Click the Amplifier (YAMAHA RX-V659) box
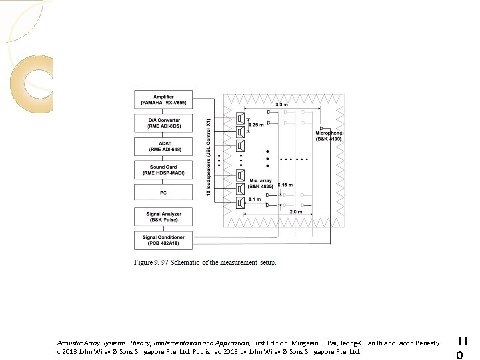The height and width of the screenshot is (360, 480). point(163,99)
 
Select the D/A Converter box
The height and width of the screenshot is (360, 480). point(163,123)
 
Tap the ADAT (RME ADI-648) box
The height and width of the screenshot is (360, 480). point(163,146)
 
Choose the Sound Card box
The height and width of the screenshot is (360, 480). point(163,169)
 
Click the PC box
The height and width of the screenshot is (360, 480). point(163,192)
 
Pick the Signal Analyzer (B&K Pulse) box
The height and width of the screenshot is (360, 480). point(163,216)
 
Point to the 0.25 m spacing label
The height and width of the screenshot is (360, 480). point(256,125)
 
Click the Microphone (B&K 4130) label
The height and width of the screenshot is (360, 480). point(329,135)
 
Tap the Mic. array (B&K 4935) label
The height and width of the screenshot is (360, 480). point(261,183)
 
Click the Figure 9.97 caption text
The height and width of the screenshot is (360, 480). point(205,263)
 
